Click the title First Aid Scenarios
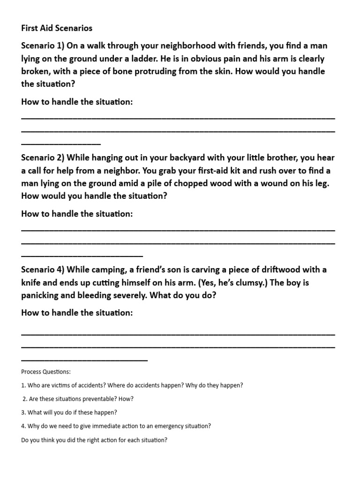pyautogui.click(x=57, y=28)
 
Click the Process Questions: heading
pyautogui.click(x=46, y=372)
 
